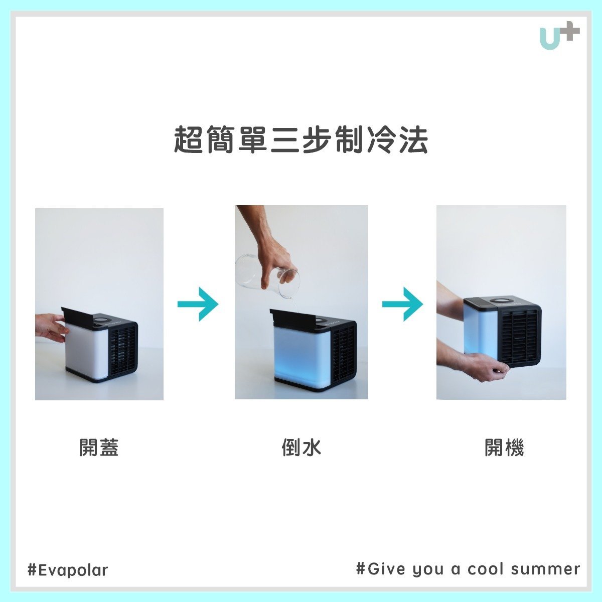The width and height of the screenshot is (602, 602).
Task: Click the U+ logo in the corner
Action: (559, 37)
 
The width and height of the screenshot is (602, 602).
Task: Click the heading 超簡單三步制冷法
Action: (301, 140)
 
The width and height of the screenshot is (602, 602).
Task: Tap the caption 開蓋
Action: (99, 447)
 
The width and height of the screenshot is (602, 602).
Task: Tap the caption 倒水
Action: (301, 447)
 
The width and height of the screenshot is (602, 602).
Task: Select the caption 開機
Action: (504, 447)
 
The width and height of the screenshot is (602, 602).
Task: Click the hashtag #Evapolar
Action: (68, 570)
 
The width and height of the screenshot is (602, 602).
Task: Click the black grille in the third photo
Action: (519, 336)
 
